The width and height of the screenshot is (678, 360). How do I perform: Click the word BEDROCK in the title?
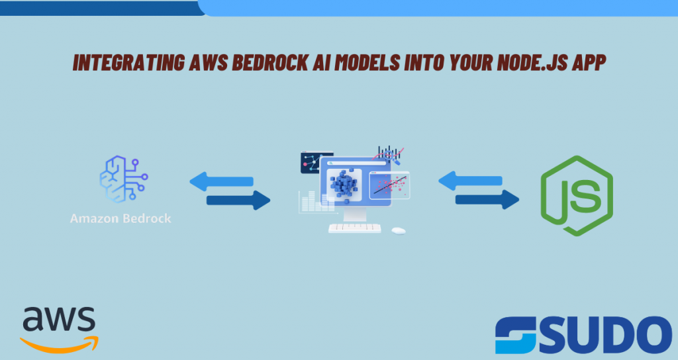tap(269, 63)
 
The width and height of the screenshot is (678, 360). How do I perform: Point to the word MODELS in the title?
tap(367, 63)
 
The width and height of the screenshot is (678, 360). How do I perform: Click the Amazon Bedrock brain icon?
tap(124, 179)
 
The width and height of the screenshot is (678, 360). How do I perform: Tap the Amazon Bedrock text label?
tap(121, 218)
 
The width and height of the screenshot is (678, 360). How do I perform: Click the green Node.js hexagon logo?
tap(577, 196)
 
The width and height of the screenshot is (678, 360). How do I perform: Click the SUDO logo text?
tap(584, 335)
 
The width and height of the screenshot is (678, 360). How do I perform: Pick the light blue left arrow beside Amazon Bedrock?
tap(221, 181)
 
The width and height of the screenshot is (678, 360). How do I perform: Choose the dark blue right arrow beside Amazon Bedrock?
tap(238, 200)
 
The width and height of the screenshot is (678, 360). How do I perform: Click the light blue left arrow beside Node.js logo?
tap(471, 181)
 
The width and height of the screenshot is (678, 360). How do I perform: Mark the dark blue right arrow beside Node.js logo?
tap(487, 199)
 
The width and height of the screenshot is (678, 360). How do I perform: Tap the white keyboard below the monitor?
tap(355, 228)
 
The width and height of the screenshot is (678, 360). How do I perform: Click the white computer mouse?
tap(399, 231)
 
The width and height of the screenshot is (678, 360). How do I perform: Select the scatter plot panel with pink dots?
tap(389, 185)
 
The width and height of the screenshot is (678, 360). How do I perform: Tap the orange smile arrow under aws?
tap(59, 344)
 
